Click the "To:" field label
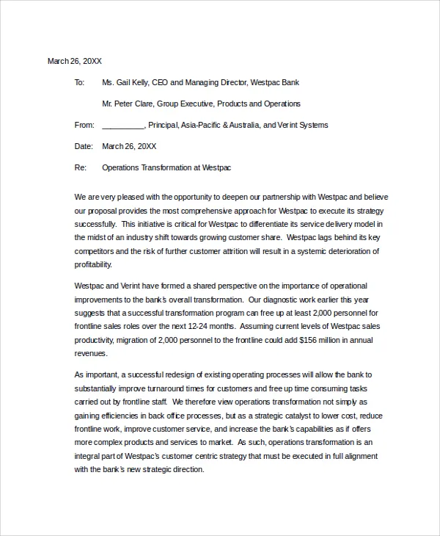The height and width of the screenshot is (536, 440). tap(80, 82)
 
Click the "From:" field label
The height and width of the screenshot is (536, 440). tap(84, 125)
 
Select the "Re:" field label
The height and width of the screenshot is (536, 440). tap(81, 167)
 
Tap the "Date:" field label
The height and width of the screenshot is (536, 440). tap(84, 146)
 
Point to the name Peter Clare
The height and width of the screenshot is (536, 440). tap(134, 104)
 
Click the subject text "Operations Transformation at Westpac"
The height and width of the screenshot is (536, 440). tap(166, 167)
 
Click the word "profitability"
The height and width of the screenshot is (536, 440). tap(93, 264)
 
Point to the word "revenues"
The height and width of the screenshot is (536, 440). tap(91, 353)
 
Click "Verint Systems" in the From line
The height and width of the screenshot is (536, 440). tap(303, 125)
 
